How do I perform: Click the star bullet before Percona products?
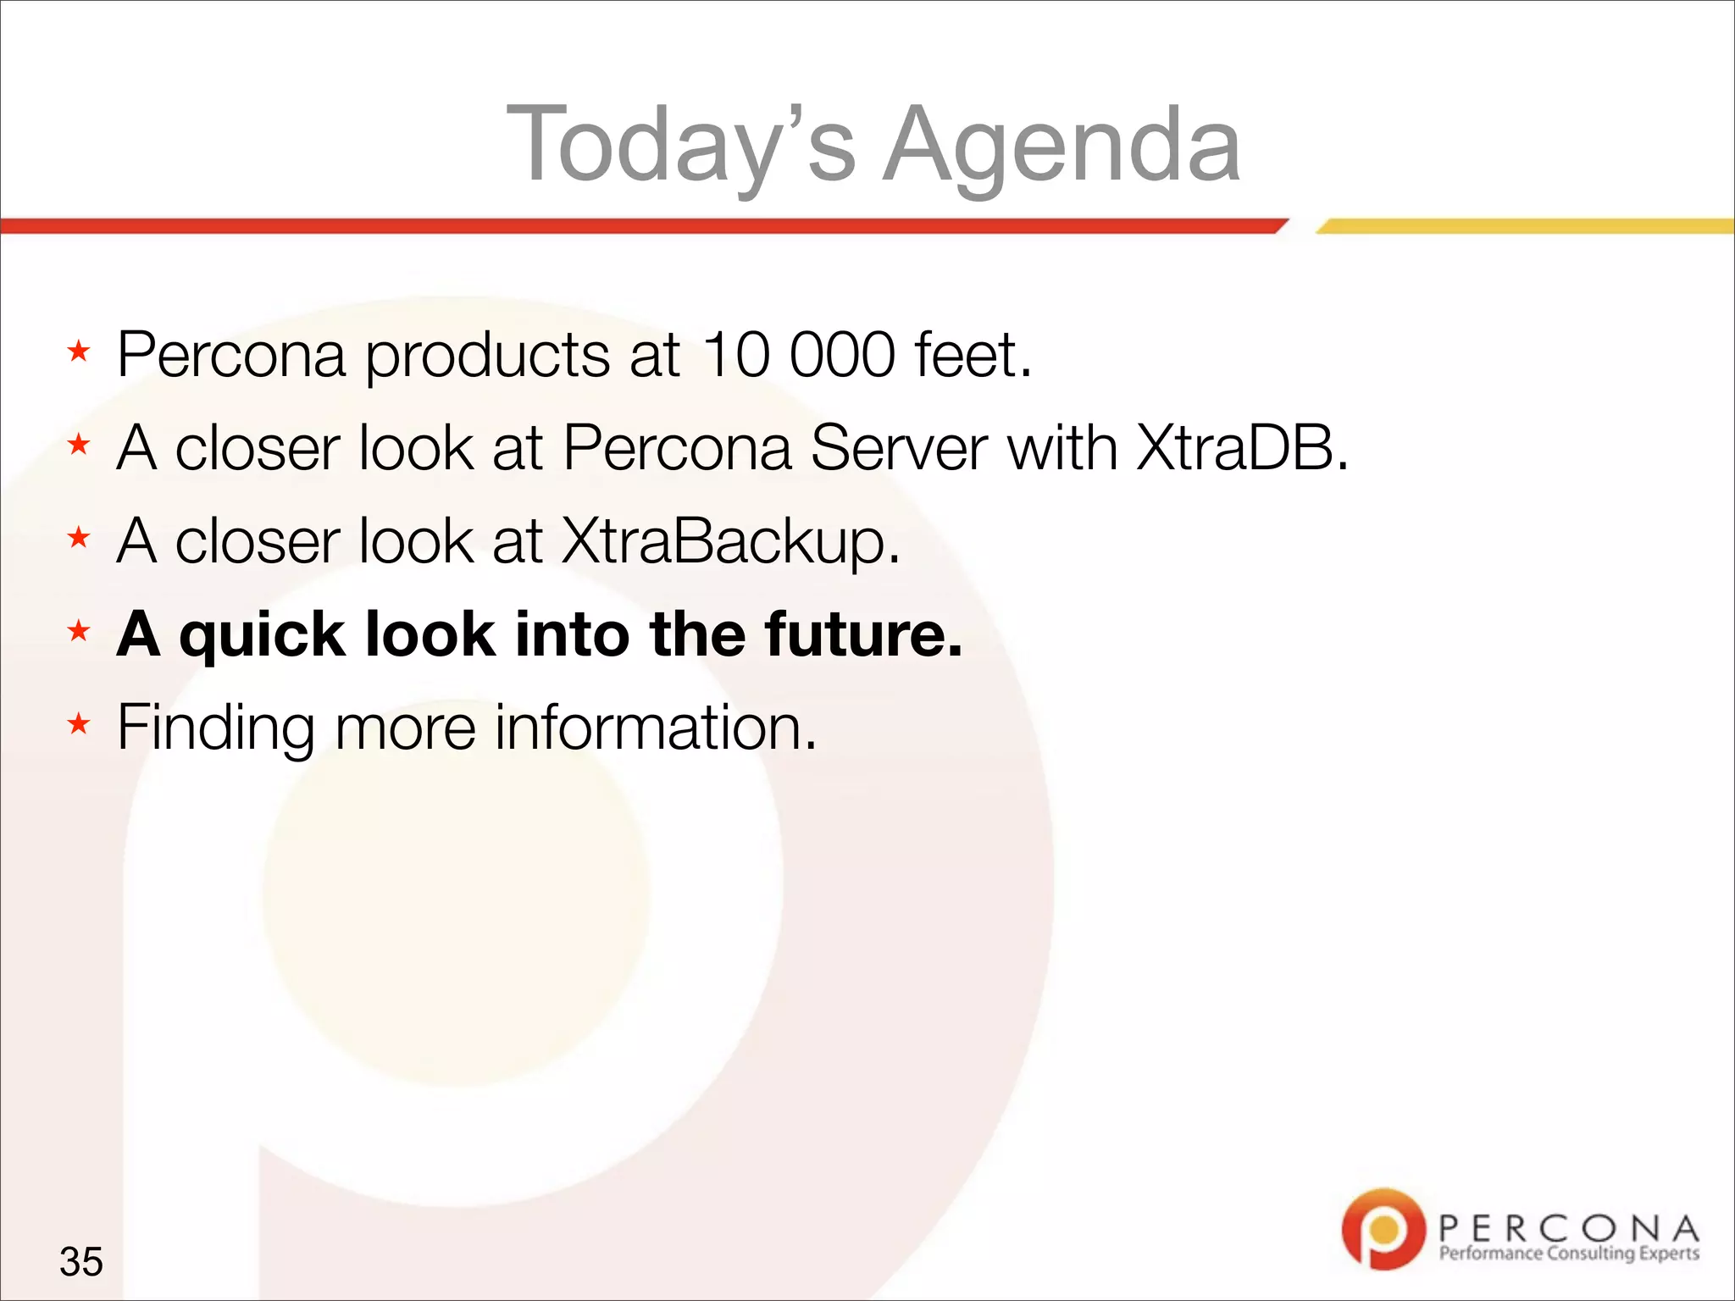coord(79,352)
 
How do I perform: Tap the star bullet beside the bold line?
coord(79,631)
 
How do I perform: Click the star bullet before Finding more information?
coord(79,724)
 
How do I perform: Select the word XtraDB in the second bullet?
coord(1242,447)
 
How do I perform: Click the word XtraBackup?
coord(729,540)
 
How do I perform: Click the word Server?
coord(899,447)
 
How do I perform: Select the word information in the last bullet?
coord(656,727)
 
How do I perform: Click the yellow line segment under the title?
coord(1525,226)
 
